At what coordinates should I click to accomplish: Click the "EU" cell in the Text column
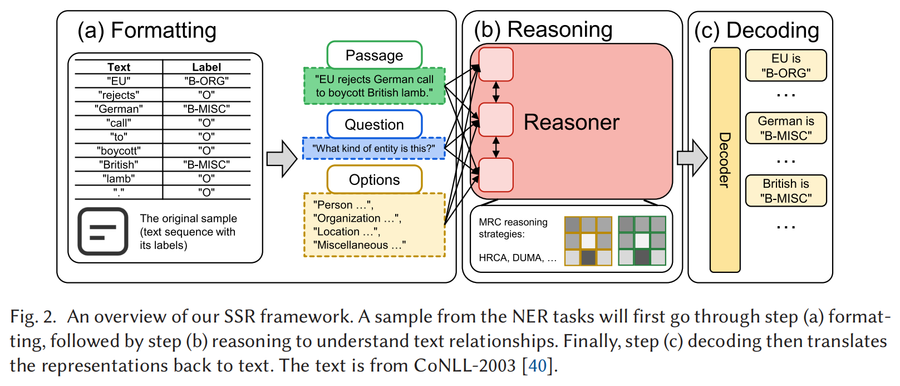119,81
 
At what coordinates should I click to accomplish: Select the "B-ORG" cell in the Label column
206,81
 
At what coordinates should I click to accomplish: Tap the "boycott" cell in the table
119,150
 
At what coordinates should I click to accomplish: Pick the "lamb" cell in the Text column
119,178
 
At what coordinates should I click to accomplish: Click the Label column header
206,67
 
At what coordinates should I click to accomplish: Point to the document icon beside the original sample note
103,231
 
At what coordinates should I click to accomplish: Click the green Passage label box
375,55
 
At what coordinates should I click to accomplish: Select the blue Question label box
375,124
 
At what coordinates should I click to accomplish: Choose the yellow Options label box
375,179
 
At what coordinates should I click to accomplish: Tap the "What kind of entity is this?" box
373,148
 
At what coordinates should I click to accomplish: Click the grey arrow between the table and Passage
282,159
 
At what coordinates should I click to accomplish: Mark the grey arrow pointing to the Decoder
692,158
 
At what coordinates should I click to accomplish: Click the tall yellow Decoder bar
725,160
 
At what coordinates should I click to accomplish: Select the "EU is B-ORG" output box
786,66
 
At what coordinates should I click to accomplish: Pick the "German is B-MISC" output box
786,128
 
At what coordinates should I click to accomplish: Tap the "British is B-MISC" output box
786,190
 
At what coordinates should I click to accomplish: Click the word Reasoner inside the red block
572,122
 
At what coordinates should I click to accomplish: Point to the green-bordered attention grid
642,241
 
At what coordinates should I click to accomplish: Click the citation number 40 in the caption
538,365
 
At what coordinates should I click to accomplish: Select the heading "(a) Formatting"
147,31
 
